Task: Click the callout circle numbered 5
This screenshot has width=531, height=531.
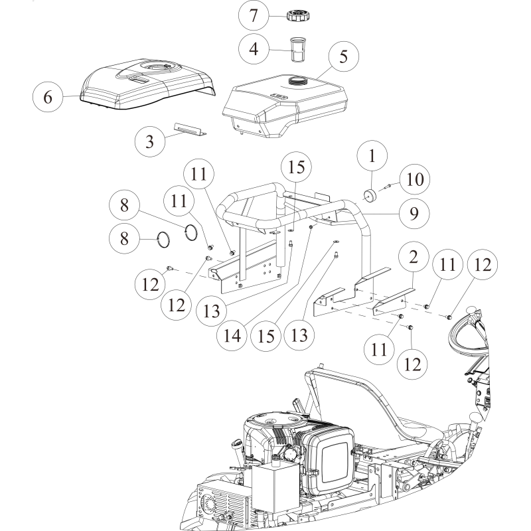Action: tap(343, 56)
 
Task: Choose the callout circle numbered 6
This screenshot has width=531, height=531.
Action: tap(48, 97)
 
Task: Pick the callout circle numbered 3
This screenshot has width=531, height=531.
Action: tap(149, 140)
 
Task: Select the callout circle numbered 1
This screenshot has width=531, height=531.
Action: tap(372, 157)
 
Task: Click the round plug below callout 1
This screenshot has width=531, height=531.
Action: tap(370, 194)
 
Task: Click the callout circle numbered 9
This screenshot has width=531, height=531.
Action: tap(413, 213)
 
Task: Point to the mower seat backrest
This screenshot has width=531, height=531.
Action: tap(345, 392)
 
